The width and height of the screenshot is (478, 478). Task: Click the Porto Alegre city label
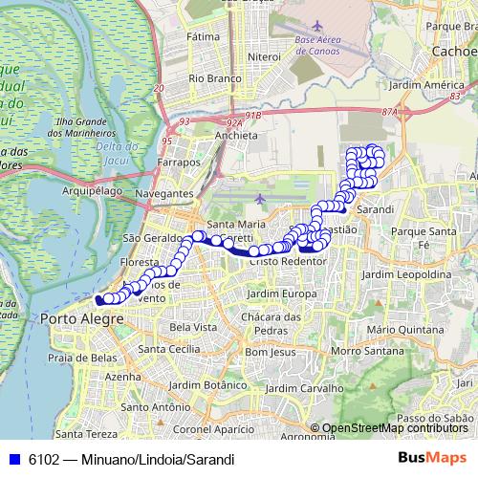tap(76, 318)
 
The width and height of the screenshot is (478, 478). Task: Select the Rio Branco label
tap(212, 77)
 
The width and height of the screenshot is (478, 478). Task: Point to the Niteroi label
tap(263, 57)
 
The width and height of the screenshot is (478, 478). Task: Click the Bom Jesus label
tap(269, 352)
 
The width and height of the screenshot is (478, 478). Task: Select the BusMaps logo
tap(432, 458)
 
